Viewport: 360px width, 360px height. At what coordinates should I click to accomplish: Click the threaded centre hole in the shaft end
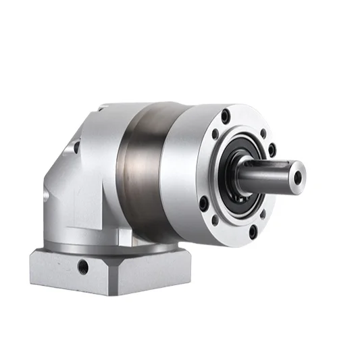click(x=298, y=178)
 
